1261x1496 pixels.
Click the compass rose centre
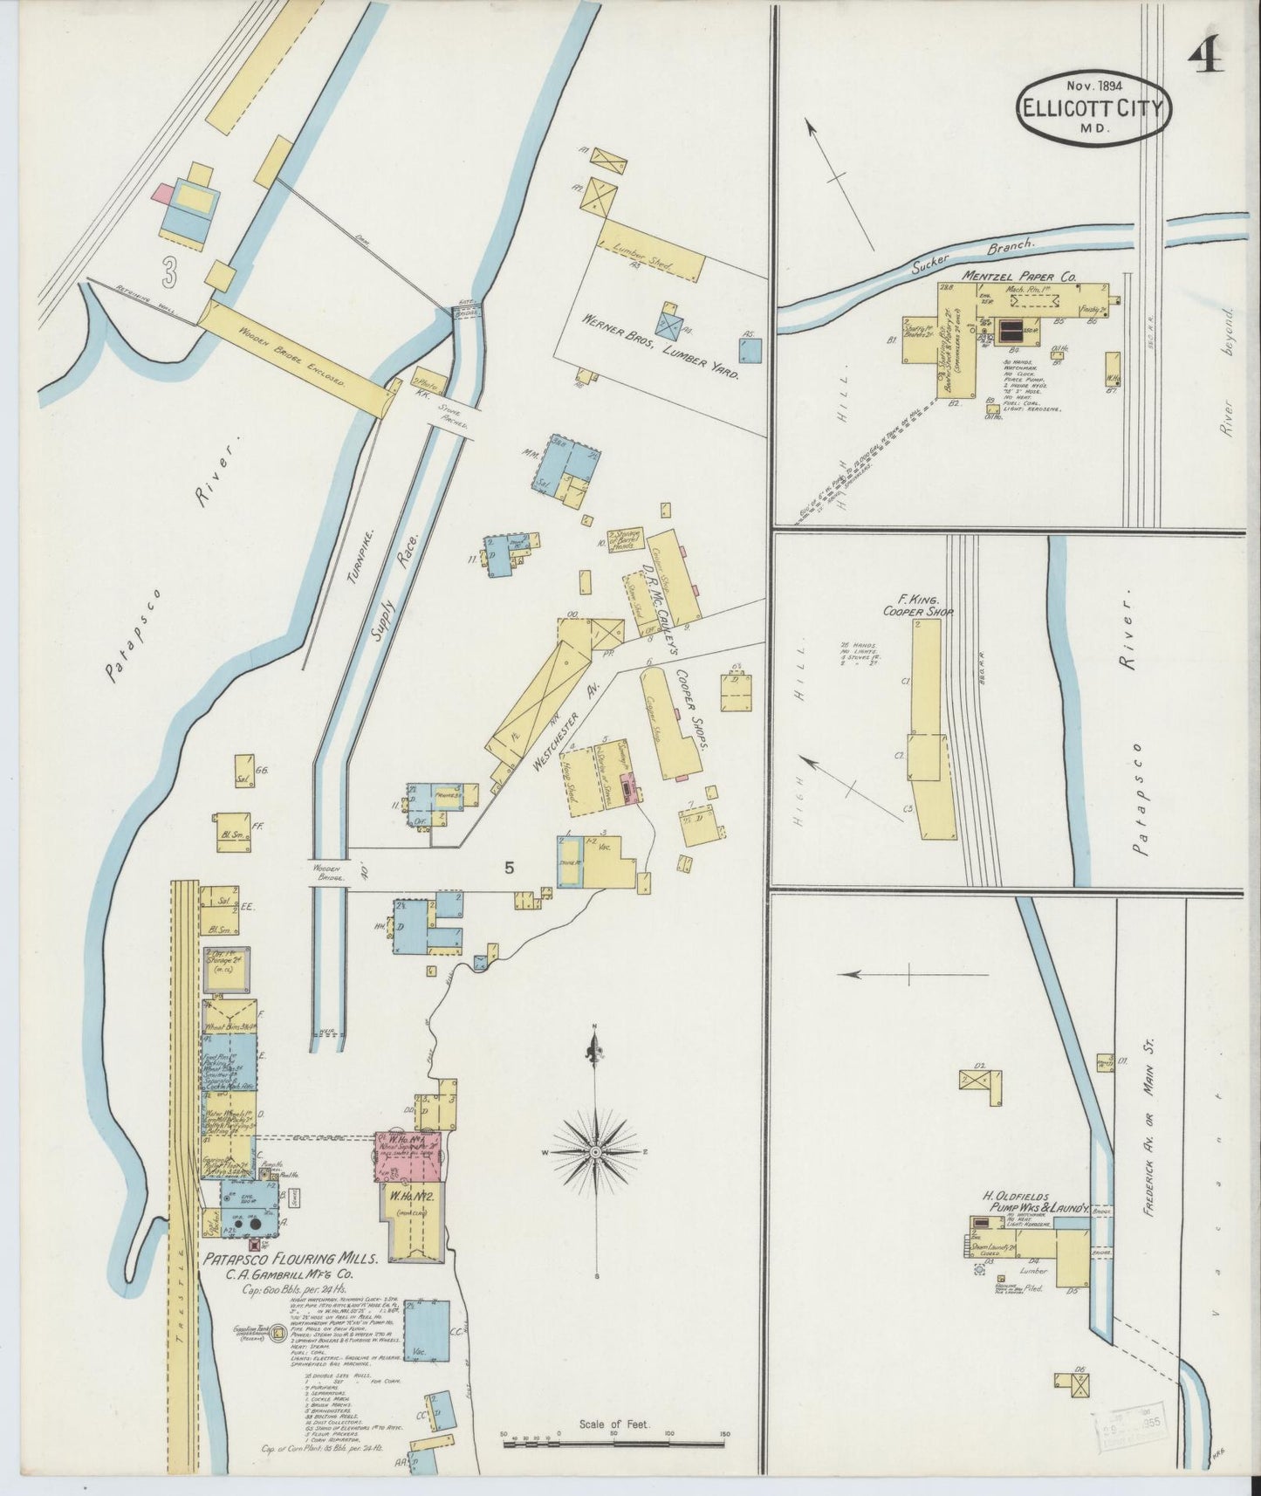pos(595,1152)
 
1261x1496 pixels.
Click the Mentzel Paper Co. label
pos(1020,275)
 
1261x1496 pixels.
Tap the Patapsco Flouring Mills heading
pos(291,1259)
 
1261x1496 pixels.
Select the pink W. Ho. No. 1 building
pos(408,1156)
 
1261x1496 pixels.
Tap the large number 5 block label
pos(510,868)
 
